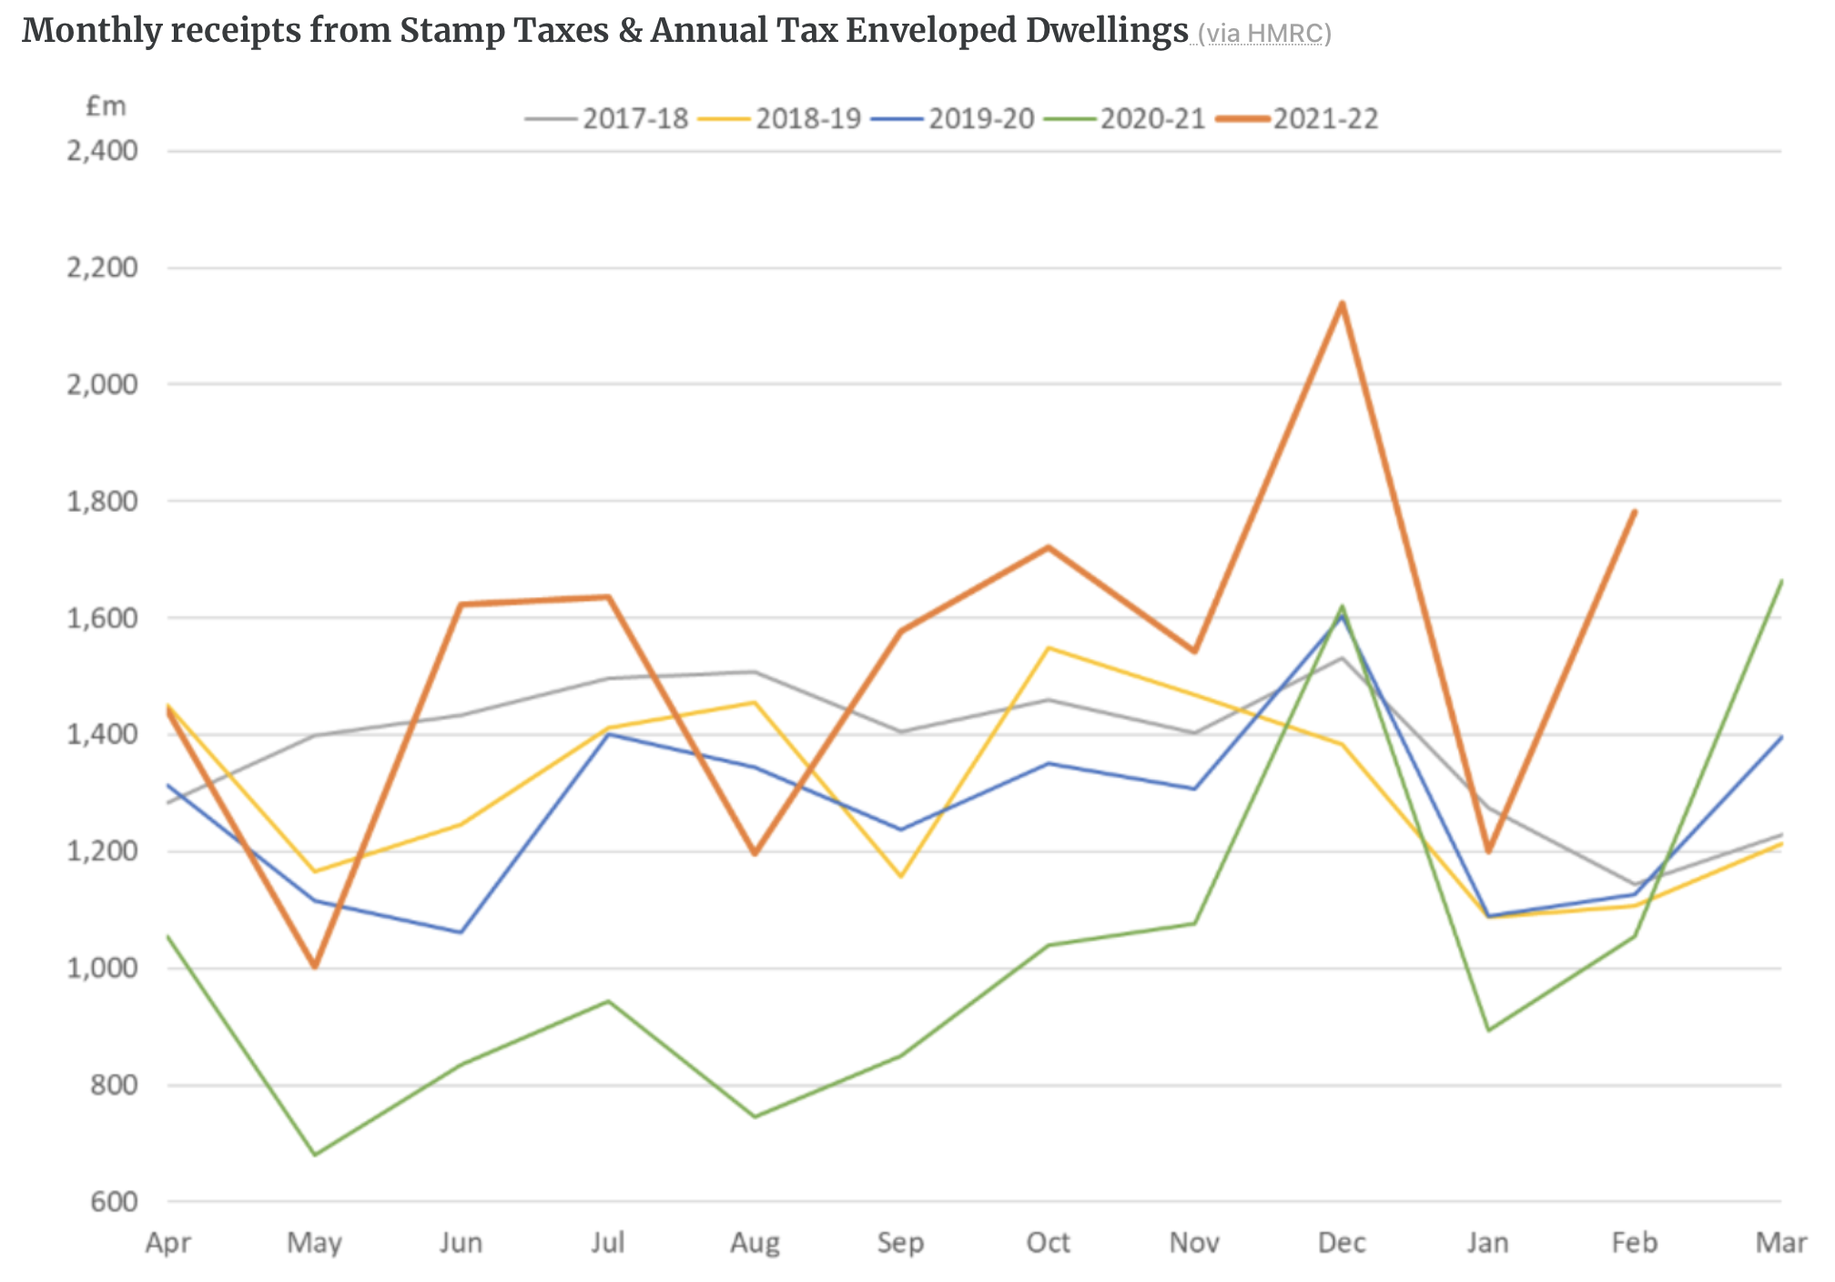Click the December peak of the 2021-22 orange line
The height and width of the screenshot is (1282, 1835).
point(1342,304)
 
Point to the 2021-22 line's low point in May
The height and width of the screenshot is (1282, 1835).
point(315,966)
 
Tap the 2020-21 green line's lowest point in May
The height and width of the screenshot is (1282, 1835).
point(315,1155)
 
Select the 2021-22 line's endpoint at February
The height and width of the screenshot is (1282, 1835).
point(1635,512)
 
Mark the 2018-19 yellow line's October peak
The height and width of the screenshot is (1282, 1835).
point(1049,648)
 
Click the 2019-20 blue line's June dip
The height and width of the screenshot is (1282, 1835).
point(461,931)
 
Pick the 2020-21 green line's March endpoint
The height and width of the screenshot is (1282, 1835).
point(1780,581)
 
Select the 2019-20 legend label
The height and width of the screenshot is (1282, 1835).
point(980,119)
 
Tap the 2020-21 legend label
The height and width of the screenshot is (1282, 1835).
point(1152,119)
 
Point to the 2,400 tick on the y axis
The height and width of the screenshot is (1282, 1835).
point(103,151)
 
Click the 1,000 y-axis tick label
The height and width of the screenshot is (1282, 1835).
point(103,968)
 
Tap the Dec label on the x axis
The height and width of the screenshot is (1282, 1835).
point(1342,1243)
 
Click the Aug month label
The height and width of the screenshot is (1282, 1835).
point(755,1243)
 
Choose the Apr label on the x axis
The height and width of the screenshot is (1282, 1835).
point(168,1243)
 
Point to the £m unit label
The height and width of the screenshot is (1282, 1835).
point(106,107)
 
